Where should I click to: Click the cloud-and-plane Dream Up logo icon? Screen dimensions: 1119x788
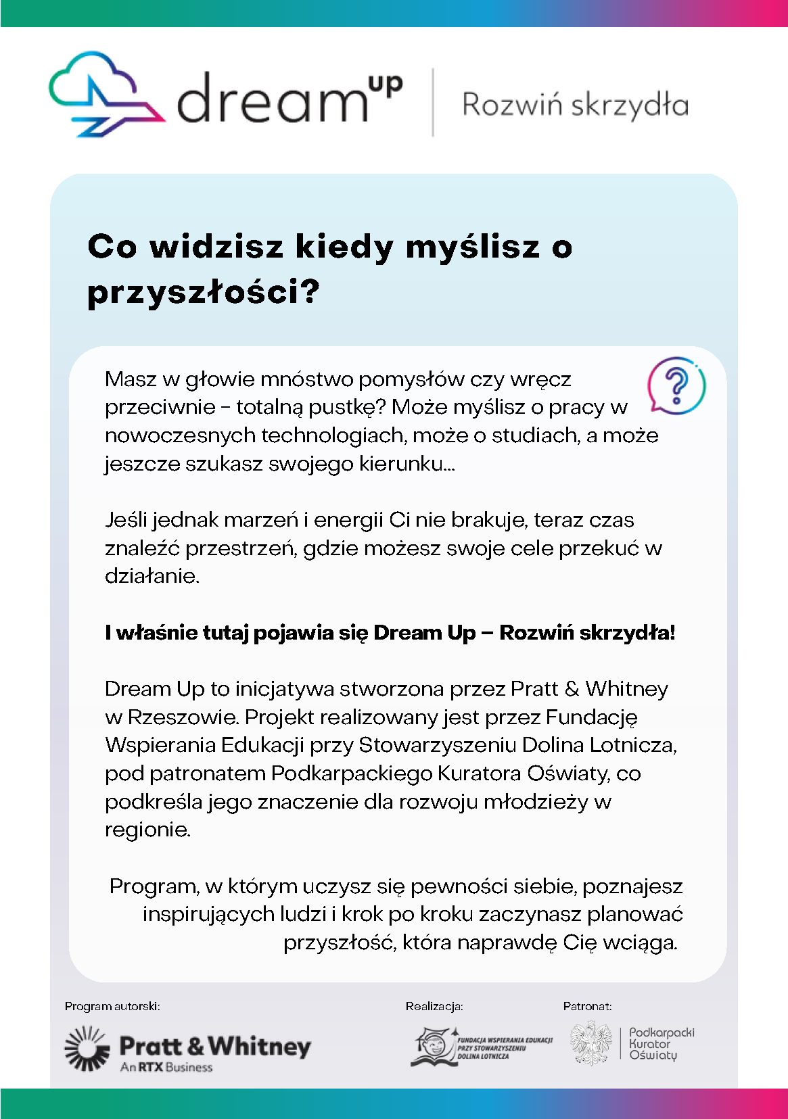[x=105, y=95]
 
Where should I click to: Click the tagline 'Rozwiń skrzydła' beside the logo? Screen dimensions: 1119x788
[x=575, y=105]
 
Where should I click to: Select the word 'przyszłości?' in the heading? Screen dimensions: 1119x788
[x=204, y=292]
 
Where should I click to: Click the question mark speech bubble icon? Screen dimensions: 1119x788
[x=676, y=385]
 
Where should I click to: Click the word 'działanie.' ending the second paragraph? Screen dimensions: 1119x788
[x=152, y=576]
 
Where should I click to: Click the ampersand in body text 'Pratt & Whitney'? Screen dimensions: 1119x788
[x=572, y=689]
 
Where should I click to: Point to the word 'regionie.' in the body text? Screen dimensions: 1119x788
[x=147, y=830]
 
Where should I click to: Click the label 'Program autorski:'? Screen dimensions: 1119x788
[x=112, y=1006]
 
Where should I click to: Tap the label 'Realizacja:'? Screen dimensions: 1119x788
[x=434, y=1006]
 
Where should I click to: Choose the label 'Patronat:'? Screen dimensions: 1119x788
[x=587, y=1006]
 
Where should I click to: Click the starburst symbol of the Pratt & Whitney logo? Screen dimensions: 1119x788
[x=87, y=1047]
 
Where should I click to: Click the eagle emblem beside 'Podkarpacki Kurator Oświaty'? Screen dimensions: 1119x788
[x=590, y=1043]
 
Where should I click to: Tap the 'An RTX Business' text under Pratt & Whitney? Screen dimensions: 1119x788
[x=166, y=1068]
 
